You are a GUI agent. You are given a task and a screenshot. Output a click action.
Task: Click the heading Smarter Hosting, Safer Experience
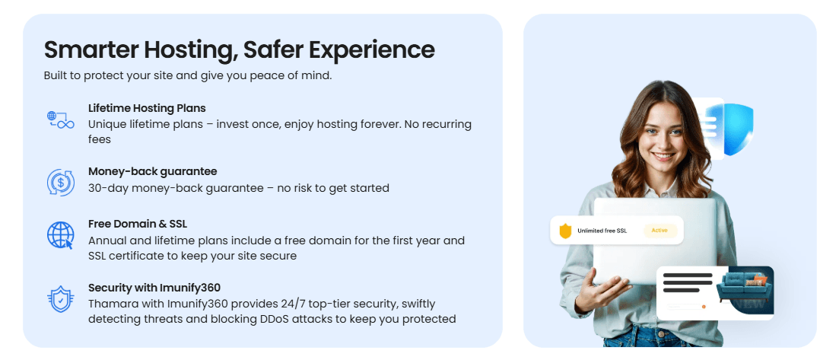(240, 49)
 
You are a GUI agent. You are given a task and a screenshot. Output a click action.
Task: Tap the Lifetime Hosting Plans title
(147, 108)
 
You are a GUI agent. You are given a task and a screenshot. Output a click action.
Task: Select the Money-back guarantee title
(152, 171)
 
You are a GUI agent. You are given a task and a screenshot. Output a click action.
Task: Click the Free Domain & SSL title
(138, 224)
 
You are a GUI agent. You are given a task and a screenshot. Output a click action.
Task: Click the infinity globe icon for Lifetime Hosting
(60, 119)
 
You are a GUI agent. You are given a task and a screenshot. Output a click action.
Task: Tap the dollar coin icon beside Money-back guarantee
(60, 183)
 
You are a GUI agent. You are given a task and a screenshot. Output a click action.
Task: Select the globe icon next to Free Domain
(60, 235)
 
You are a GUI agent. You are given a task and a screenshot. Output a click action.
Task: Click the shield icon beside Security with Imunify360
(60, 299)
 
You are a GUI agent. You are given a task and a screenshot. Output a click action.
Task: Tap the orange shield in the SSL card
(565, 231)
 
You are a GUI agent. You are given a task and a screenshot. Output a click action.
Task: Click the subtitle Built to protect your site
(188, 76)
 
